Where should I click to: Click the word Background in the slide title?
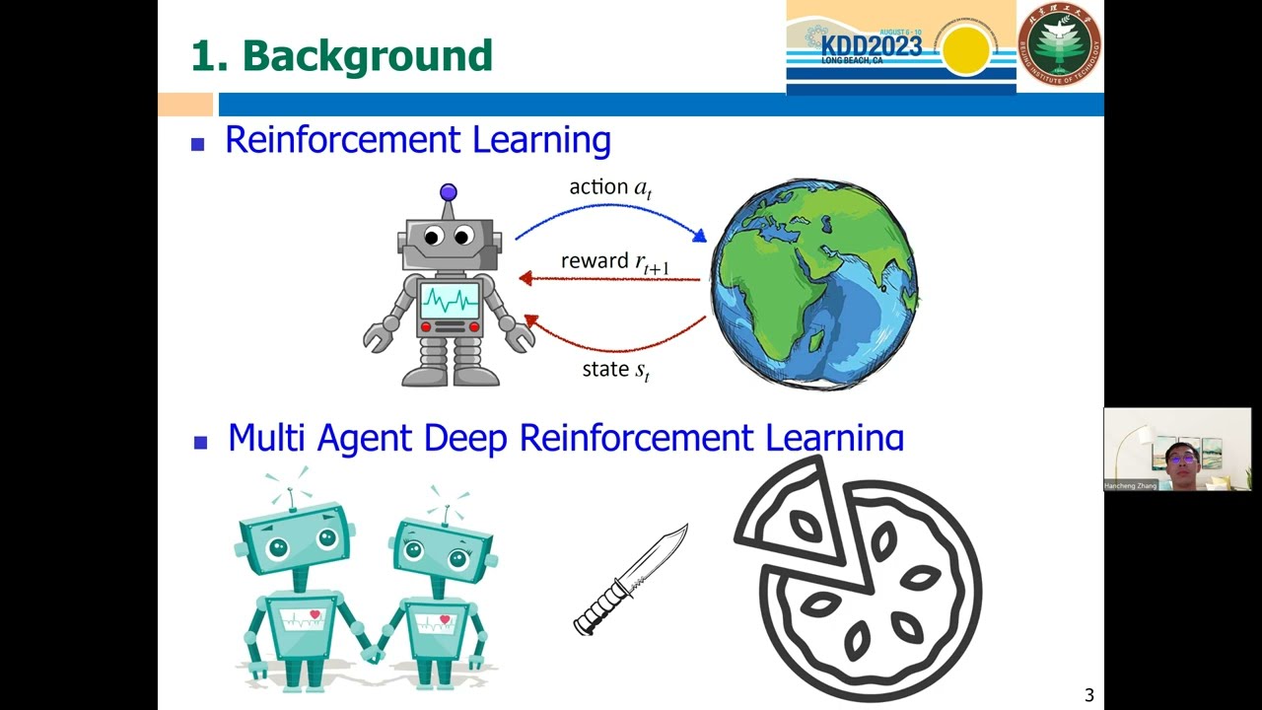[x=367, y=56]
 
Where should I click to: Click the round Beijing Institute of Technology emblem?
[x=1060, y=44]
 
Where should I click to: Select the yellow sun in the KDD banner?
[x=965, y=49]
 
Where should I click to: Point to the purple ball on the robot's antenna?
[x=449, y=192]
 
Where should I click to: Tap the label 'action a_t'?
[x=610, y=187]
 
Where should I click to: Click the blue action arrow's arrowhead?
[x=700, y=236]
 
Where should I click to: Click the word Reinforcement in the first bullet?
[x=344, y=140]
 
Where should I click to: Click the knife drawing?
[x=631, y=580]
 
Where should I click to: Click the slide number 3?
[x=1089, y=695]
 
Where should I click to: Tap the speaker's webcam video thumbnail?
[x=1177, y=450]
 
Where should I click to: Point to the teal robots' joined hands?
[x=373, y=652]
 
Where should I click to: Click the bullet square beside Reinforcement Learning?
[x=198, y=144]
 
